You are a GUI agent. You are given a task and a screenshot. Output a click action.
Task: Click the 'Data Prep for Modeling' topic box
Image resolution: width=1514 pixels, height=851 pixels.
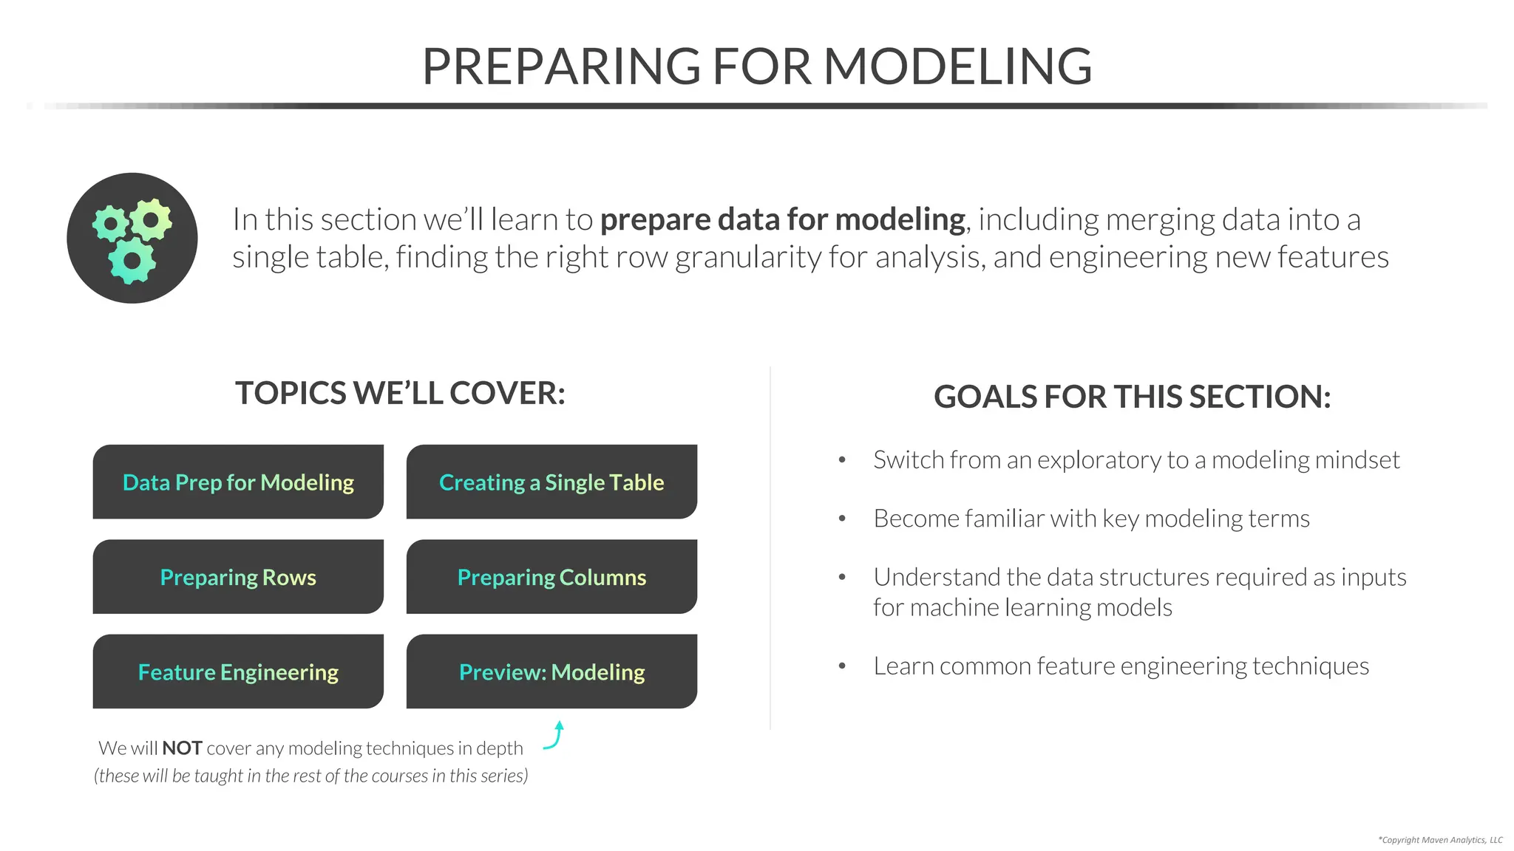click(x=238, y=482)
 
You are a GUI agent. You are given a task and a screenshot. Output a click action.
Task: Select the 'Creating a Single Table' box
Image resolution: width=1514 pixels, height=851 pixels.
click(x=551, y=482)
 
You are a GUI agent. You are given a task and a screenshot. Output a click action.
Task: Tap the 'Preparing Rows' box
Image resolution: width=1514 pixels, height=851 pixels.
click(x=238, y=577)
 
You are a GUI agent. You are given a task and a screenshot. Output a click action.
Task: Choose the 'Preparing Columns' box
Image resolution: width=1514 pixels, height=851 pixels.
click(x=551, y=577)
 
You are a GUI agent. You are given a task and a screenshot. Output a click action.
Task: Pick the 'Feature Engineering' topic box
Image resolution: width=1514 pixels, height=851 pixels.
click(x=238, y=671)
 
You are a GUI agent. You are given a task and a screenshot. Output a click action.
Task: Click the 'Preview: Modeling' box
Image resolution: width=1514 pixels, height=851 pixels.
click(x=551, y=671)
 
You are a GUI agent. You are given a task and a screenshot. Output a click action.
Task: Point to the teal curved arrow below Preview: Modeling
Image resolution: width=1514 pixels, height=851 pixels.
click(x=555, y=736)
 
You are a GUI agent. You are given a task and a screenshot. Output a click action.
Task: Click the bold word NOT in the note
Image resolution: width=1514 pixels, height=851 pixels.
click(x=182, y=748)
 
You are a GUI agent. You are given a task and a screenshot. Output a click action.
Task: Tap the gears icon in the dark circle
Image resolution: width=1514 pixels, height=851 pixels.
click(x=132, y=238)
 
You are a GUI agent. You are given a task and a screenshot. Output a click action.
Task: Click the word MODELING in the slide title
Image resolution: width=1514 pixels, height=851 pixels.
click(x=957, y=66)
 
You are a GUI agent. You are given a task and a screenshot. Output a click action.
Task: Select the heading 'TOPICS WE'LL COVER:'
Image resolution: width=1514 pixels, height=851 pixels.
click(x=400, y=393)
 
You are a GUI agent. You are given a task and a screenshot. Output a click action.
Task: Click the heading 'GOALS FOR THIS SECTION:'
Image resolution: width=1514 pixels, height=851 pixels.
click(x=1132, y=397)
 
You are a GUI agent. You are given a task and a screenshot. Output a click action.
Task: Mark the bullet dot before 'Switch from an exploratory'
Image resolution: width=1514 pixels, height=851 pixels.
click(x=842, y=460)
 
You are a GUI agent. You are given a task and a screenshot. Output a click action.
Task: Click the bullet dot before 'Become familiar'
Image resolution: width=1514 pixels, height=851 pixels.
click(x=842, y=519)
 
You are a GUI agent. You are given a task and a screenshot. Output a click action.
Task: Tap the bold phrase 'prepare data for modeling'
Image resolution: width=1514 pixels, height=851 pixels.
click(x=782, y=219)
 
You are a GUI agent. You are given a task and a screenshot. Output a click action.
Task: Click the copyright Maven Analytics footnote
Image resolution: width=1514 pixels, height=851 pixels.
click(x=1439, y=840)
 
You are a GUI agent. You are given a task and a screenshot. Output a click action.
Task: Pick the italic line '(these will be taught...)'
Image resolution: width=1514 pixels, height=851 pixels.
click(x=311, y=776)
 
